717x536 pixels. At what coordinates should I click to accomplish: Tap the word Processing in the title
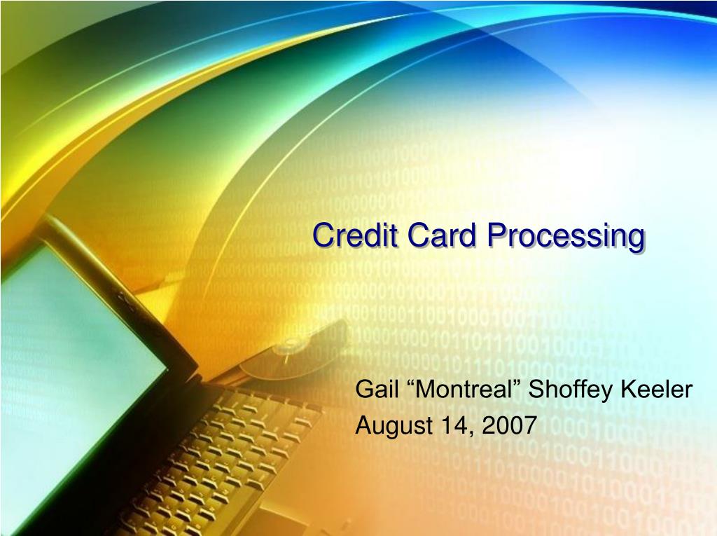point(566,235)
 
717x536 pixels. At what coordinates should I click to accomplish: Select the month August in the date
point(389,425)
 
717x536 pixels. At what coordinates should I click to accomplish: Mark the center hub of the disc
point(286,348)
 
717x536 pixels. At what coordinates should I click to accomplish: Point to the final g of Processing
point(636,238)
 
